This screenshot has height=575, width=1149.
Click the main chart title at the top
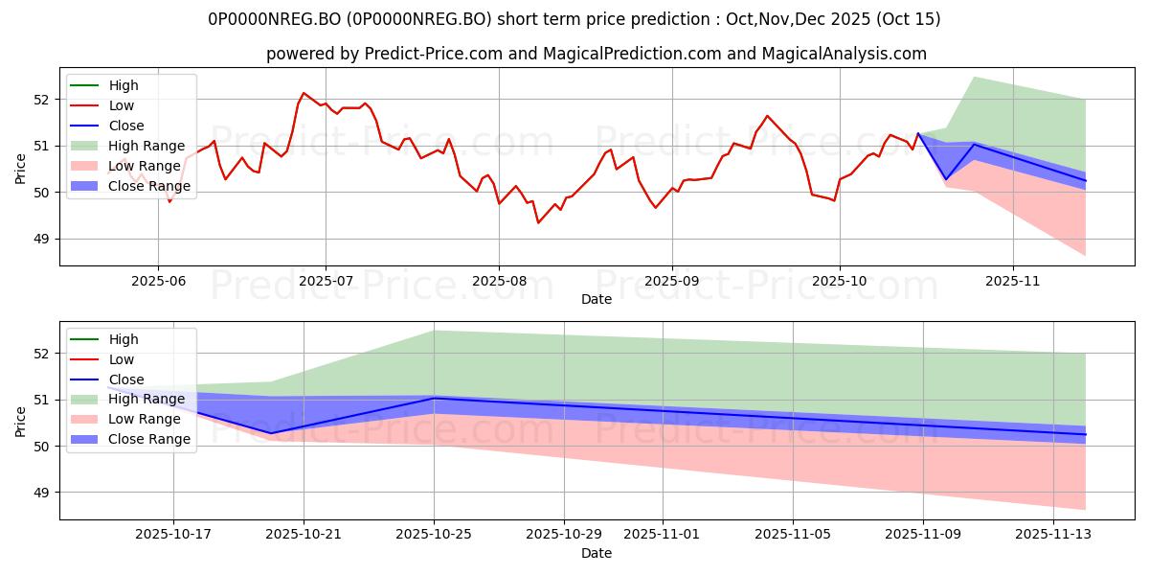(574, 19)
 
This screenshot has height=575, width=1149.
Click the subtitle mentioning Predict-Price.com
(596, 54)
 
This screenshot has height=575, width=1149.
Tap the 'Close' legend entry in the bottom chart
(126, 379)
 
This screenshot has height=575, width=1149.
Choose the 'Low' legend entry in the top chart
(122, 105)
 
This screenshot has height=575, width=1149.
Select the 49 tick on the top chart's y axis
(42, 239)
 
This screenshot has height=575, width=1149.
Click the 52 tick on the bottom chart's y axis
(42, 354)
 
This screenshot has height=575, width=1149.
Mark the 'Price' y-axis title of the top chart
(21, 167)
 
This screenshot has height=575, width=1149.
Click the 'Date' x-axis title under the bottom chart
(596, 553)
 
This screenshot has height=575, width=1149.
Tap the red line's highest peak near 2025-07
(304, 93)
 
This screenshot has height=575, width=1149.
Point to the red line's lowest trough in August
(538, 222)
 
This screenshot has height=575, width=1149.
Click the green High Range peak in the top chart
(974, 77)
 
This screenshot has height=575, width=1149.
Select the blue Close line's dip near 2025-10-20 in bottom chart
(270, 433)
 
